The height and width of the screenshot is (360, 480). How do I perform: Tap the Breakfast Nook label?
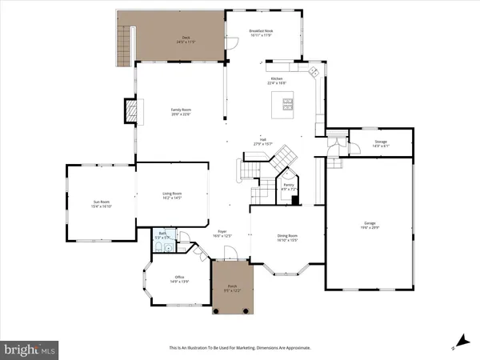click(262, 32)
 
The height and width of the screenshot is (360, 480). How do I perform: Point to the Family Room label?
click(180, 112)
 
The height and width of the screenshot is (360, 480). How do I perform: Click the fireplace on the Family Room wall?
click(129, 110)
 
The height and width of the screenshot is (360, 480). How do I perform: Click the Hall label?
click(262, 142)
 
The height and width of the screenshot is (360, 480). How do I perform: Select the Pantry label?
click(288, 186)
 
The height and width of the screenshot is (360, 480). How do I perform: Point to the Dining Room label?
click(287, 238)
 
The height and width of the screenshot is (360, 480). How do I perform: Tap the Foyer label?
click(222, 233)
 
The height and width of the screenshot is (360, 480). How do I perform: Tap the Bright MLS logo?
click(30, 349)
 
